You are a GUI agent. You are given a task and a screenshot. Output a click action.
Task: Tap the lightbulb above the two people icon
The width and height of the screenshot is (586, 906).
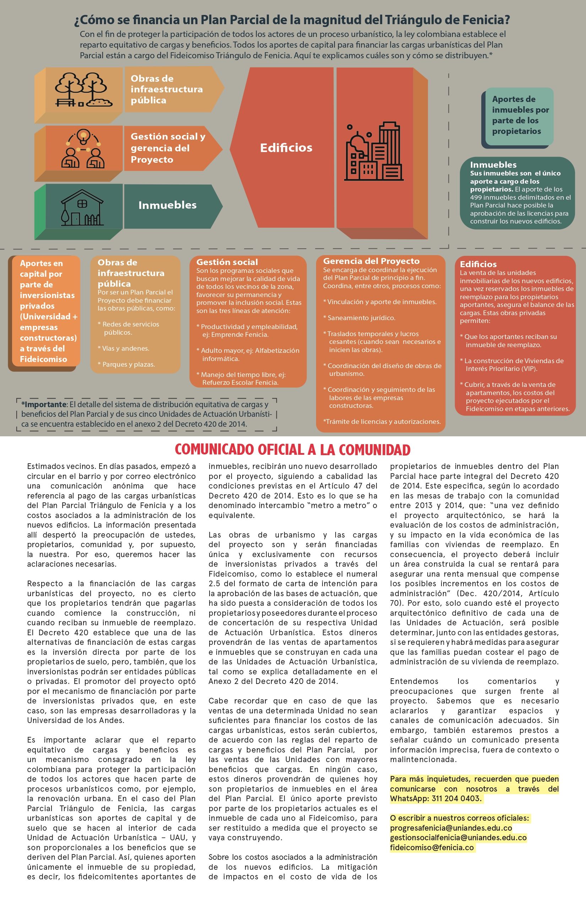click(83, 135)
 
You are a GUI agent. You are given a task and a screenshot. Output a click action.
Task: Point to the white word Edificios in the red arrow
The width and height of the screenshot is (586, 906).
click(286, 148)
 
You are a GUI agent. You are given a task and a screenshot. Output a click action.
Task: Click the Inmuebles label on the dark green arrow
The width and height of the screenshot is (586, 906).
click(167, 205)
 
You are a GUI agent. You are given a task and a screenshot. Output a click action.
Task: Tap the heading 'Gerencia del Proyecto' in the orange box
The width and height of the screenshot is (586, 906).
click(371, 261)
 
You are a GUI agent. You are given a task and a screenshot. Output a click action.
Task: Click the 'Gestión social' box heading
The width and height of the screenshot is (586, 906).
click(227, 262)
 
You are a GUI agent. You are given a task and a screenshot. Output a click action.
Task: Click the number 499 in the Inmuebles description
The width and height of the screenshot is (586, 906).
click(476, 197)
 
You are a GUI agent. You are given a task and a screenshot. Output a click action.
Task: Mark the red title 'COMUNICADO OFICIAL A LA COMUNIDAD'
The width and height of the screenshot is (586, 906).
click(292, 449)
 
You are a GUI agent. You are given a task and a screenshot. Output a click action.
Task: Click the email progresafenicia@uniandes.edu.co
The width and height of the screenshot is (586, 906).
click(451, 828)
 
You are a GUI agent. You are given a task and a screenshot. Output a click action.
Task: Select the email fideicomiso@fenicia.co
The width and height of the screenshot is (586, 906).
click(432, 847)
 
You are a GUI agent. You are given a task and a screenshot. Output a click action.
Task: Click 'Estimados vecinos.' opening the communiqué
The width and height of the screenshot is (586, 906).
click(61, 466)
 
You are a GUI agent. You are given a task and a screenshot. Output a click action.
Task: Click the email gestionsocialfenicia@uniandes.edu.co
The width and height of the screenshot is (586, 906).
click(458, 837)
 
